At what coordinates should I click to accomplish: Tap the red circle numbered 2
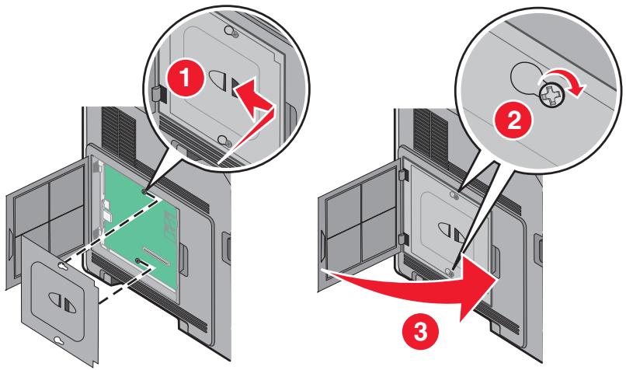(x=514, y=120)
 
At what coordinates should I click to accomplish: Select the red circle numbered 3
(x=421, y=331)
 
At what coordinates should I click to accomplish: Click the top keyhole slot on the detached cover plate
(x=62, y=265)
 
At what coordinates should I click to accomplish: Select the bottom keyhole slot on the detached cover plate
(x=59, y=340)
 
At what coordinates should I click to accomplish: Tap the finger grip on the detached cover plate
(x=60, y=302)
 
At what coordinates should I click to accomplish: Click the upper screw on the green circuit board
(x=144, y=191)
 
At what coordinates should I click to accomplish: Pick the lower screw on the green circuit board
(x=137, y=260)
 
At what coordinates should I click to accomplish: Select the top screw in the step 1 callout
(x=231, y=31)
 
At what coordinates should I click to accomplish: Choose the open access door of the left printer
(x=47, y=219)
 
